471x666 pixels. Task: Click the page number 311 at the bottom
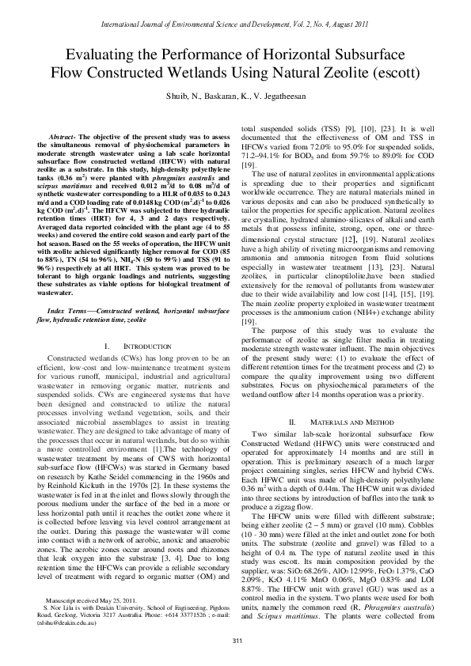[x=235, y=640]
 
